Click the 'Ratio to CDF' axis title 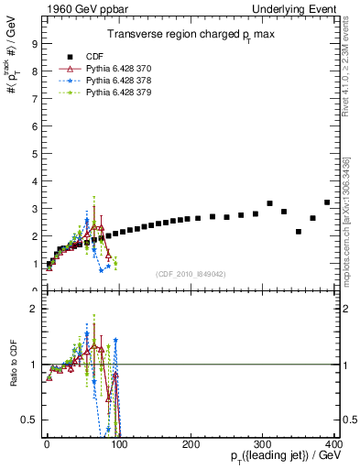14,379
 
